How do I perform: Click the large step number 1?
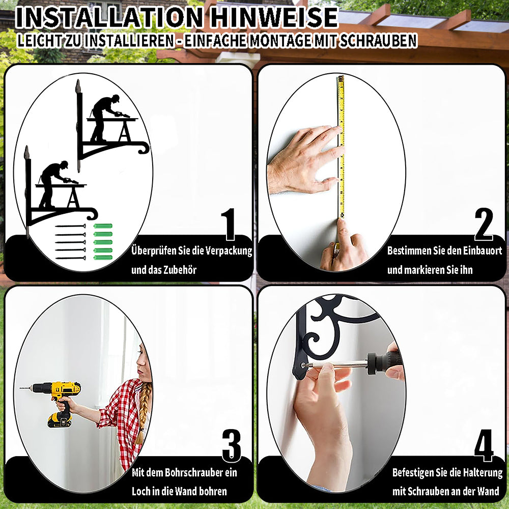pos(229,224)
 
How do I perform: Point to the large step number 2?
pos(484,224)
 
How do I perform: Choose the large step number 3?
pos(232,445)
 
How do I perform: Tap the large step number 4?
pos(484,445)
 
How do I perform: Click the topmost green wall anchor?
pos(103,226)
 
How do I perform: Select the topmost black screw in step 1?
pos(70,226)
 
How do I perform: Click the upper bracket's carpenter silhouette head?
pos(115,98)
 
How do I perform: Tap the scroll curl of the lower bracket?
pos(93,214)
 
